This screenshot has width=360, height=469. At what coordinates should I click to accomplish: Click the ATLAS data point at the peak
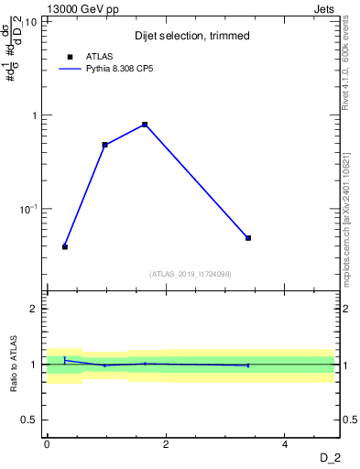[x=145, y=125]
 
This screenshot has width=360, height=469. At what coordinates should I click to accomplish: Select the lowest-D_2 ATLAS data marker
[x=65, y=246]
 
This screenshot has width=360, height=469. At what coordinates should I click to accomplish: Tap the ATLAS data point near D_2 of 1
[x=105, y=145]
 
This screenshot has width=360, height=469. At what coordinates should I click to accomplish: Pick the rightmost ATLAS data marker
[x=248, y=238]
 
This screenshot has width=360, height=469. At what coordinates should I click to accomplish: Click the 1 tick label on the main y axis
[x=36, y=115]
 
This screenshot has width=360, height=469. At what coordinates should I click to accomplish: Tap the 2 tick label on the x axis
[x=166, y=444]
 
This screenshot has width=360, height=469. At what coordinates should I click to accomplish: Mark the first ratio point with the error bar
[x=65, y=360]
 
